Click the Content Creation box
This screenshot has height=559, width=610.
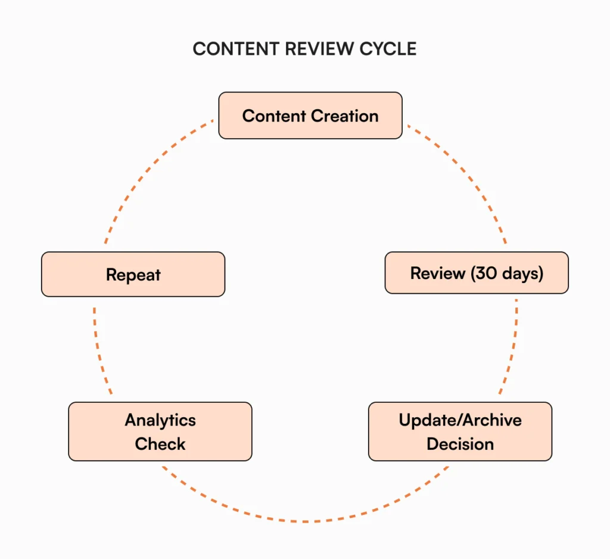point(310,116)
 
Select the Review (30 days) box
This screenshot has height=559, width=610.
point(477,273)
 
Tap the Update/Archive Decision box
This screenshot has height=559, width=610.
point(460,431)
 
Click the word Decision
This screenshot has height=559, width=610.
point(460,444)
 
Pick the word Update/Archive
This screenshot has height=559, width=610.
point(460,420)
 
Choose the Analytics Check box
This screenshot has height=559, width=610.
point(160,431)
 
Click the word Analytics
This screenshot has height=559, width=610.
point(160,420)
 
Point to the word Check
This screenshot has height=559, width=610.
point(160,444)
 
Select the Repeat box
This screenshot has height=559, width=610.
point(133,275)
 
